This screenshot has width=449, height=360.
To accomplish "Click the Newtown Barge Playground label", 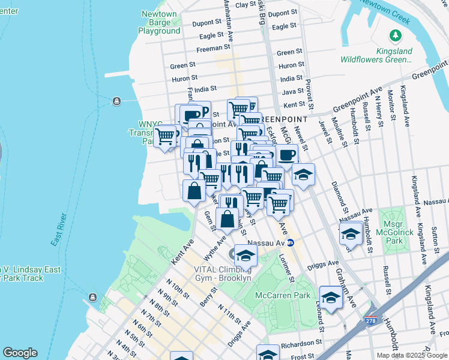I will (x=159, y=22).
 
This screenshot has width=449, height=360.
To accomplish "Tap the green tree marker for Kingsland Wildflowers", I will (x=396, y=36).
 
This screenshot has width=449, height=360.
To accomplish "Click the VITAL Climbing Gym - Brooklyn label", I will (x=223, y=274).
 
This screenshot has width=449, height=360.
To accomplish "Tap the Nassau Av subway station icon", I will (x=290, y=243).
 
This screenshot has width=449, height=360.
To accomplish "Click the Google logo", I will (x=20, y=353).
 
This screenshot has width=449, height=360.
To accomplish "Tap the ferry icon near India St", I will (x=116, y=100).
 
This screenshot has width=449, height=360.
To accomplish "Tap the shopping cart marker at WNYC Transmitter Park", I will (x=166, y=136).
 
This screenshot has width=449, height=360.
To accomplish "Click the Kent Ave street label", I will (x=182, y=252).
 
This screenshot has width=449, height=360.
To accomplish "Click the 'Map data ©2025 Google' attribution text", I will (x=412, y=355).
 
